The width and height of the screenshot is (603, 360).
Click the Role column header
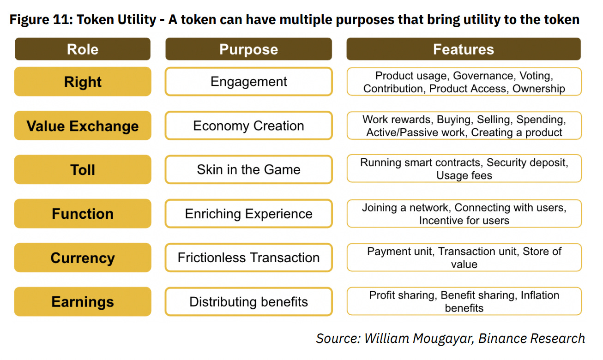tap(83, 49)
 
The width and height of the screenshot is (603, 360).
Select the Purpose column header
tap(248, 49)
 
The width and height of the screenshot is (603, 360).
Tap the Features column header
tap(464, 49)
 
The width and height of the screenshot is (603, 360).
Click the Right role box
tap(83, 82)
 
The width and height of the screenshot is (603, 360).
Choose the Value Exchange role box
tap(83, 126)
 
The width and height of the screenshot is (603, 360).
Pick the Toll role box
tap(83, 170)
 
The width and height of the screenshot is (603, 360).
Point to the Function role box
tap(83, 214)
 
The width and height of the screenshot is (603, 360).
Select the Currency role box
tap(83, 258)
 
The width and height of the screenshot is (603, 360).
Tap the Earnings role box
tap(83, 302)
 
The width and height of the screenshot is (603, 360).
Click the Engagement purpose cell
tap(248, 82)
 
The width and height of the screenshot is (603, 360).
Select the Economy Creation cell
tap(248, 126)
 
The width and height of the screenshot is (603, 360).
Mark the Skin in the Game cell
tap(248, 170)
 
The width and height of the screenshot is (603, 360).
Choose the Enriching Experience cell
tap(248, 214)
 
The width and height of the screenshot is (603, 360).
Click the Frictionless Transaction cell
tap(248, 258)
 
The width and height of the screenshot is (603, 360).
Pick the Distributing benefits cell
tap(248, 302)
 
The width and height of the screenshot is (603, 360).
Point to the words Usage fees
tap(464, 176)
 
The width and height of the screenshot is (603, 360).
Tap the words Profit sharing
tap(403, 295)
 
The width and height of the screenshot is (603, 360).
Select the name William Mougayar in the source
tap(418, 338)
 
